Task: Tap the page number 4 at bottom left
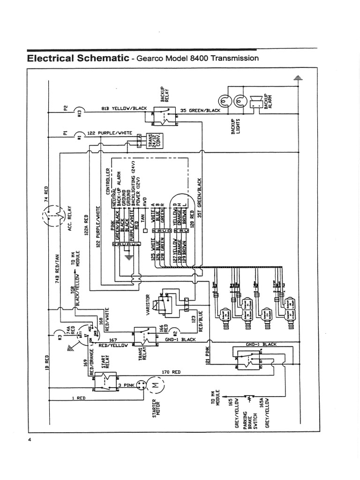[30, 439]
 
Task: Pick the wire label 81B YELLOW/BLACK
[124, 108]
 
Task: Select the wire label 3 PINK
[128, 385]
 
